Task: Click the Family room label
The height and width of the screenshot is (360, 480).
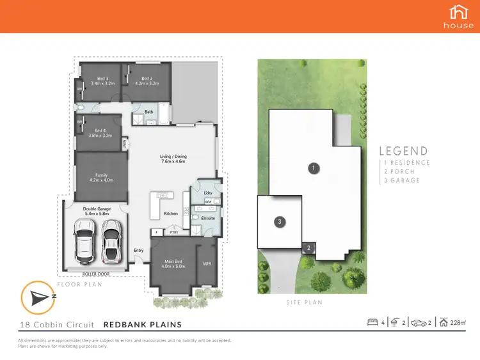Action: [x=101, y=177]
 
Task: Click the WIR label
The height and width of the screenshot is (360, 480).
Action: [x=206, y=262]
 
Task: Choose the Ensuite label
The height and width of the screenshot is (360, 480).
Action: [x=208, y=217]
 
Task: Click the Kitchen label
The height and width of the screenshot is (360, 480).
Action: [x=170, y=213]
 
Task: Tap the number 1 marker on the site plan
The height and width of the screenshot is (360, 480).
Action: [x=313, y=169]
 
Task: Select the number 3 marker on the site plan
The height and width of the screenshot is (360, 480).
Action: [x=279, y=222]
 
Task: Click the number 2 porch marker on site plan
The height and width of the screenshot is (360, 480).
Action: [x=308, y=248]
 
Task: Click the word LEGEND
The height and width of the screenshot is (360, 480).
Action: [x=403, y=152]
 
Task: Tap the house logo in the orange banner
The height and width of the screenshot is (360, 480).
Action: [x=459, y=16]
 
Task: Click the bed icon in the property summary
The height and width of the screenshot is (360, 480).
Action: [x=373, y=322]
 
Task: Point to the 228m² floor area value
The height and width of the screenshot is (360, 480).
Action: [x=458, y=323]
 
